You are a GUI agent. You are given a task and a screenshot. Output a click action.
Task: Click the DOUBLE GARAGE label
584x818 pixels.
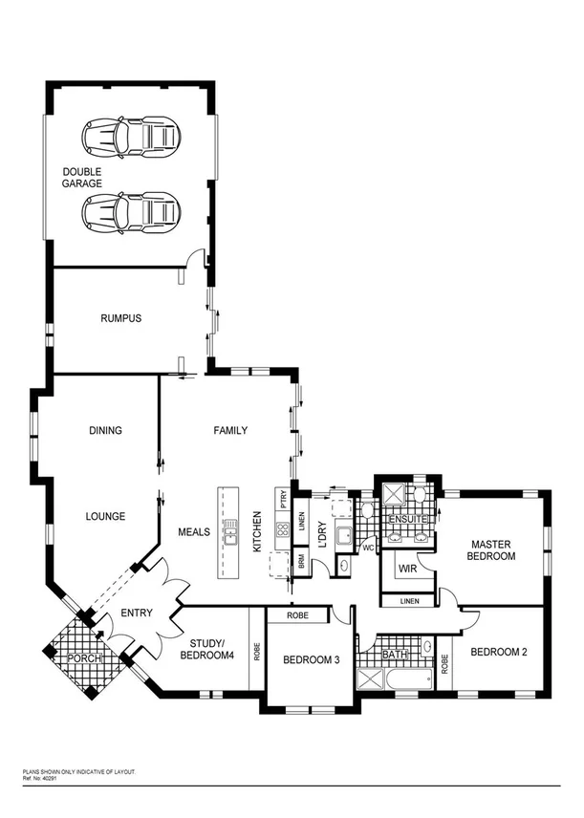pyautogui.click(x=82, y=178)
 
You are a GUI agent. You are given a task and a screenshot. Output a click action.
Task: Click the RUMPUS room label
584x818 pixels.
pyautogui.click(x=120, y=319)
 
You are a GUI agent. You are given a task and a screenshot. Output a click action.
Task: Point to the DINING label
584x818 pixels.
pyautogui.click(x=105, y=431)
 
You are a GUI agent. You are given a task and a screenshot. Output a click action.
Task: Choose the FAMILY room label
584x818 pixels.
pyautogui.click(x=229, y=431)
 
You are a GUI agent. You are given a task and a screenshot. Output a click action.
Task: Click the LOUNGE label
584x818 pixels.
pyautogui.click(x=105, y=516)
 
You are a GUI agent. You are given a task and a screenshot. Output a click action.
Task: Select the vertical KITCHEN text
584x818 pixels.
pyautogui.click(x=256, y=533)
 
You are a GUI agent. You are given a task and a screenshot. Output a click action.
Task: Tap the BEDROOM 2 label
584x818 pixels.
pyautogui.click(x=501, y=652)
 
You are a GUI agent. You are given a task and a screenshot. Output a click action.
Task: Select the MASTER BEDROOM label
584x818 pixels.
pyautogui.click(x=492, y=549)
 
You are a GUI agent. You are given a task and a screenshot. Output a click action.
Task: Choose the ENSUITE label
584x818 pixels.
pyautogui.click(x=406, y=519)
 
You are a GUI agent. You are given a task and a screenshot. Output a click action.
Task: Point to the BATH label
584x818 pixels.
pyautogui.click(x=395, y=657)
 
